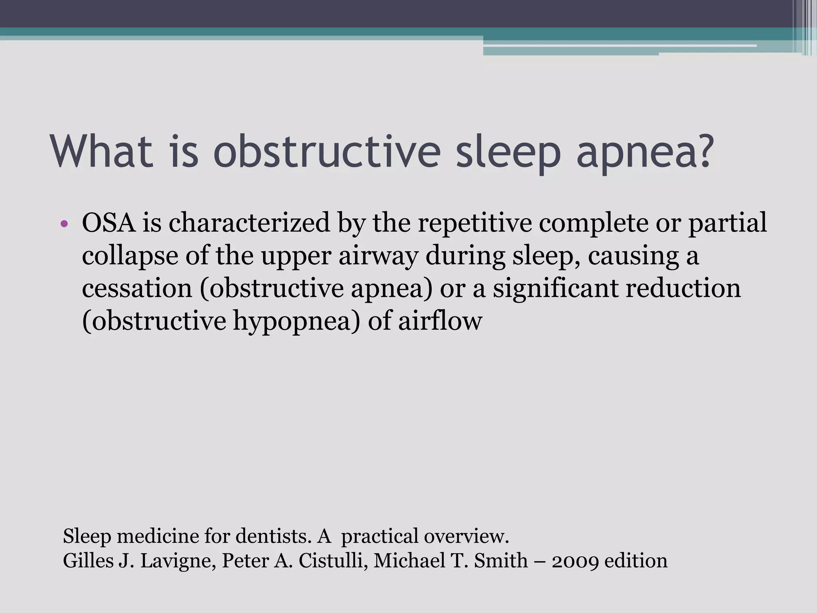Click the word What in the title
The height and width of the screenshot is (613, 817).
102,152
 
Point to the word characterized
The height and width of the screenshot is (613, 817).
249,223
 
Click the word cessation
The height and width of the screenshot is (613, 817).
137,288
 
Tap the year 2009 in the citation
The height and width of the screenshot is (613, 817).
575,561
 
